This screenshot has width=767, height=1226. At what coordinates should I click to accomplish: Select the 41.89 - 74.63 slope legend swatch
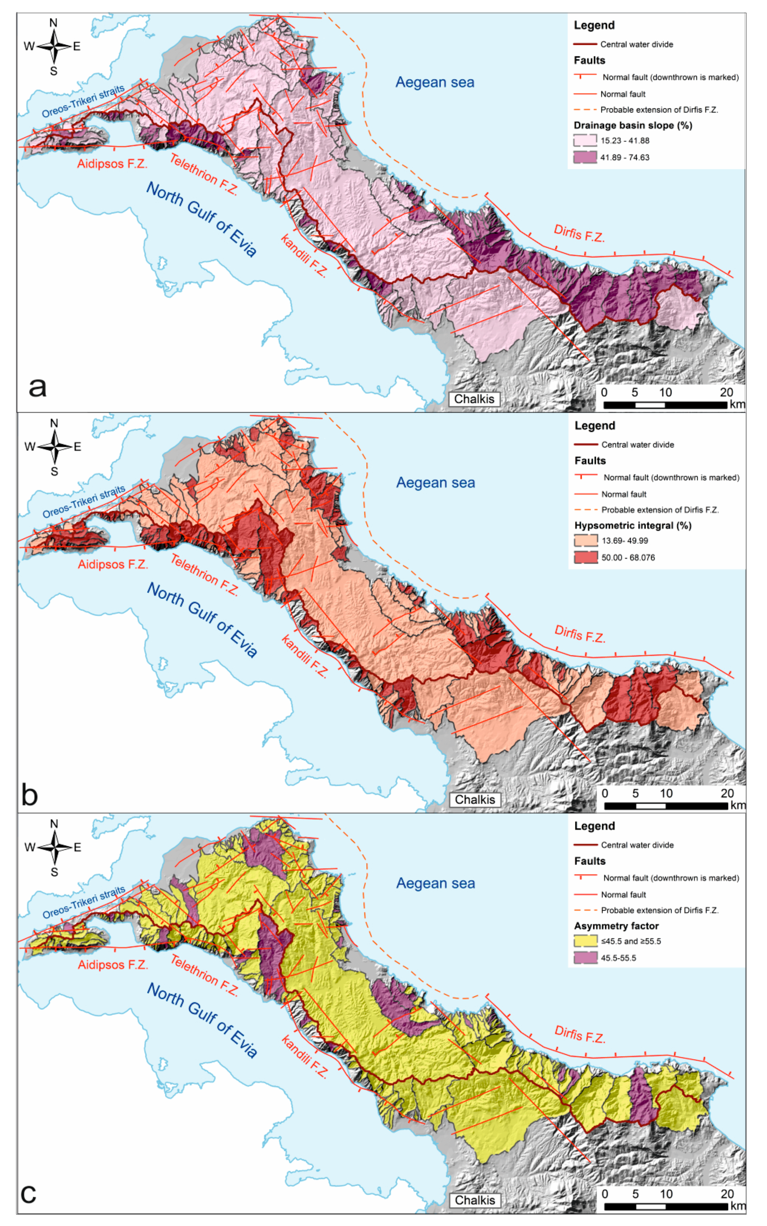[x=585, y=157]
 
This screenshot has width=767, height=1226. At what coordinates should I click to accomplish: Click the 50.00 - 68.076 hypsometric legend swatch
[x=586, y=557]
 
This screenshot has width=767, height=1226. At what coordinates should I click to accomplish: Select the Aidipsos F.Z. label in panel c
[x=113, y=965]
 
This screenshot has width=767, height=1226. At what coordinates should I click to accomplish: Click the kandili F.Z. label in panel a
[x=303, y=256]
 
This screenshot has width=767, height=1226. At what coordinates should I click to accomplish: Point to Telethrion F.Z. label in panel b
[x=204, y=575]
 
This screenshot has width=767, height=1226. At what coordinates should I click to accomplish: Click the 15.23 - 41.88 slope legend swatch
[x=585, y=140]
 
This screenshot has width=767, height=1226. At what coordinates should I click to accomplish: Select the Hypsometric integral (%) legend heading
[x=633, y=525]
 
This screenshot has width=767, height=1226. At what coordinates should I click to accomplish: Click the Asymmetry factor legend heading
[x=616, y=926]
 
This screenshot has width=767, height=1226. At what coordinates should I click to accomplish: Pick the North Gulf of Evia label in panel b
[x=202, y=619]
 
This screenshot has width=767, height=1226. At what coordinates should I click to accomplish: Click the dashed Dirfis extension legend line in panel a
[x=585, y=110]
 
